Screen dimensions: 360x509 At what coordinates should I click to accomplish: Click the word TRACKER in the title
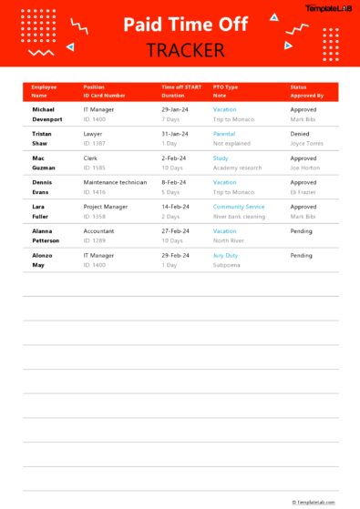point(180,50)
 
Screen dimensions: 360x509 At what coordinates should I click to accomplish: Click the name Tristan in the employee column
point(43,133)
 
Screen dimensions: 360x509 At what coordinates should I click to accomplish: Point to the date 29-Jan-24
point(175,108)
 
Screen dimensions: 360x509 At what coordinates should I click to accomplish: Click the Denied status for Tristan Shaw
point(301,133)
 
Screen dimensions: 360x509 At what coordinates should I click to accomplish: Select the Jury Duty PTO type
point(225,256)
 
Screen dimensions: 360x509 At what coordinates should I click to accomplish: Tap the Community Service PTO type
point(239,207)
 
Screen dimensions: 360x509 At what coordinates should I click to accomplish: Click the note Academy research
point(237,168)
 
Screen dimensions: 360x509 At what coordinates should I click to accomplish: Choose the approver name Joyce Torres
point(306,143)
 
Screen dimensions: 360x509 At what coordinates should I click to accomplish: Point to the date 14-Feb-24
point(175,207)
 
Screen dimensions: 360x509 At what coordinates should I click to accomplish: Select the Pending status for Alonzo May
point(302,256)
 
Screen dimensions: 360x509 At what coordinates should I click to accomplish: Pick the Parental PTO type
point(224,133)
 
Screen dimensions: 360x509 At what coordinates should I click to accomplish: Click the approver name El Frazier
point(303,192)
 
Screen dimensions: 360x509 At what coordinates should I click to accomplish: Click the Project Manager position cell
point(107,207)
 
